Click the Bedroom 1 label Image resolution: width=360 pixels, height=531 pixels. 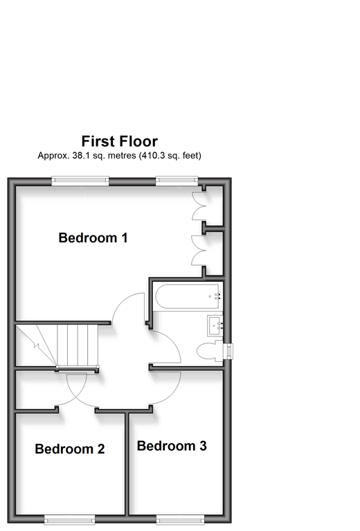point(93,237)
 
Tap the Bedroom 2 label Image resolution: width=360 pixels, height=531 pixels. point(70,449)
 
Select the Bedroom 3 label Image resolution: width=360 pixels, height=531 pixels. point(172,446)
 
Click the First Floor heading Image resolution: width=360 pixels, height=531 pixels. point(120,141)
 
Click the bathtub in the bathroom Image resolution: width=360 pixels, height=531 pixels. point(188,297)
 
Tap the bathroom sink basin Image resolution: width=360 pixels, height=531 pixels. point(215,325)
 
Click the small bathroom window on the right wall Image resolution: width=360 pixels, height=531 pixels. point(230,351)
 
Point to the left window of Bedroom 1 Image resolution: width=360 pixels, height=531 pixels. point(80,181)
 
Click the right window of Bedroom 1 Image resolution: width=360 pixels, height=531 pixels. point(177,181)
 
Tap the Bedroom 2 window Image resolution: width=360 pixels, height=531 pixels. point(69,519)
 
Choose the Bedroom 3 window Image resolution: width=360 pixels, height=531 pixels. point(180,519)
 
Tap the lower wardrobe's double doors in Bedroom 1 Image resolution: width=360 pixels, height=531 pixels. point(199,250)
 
